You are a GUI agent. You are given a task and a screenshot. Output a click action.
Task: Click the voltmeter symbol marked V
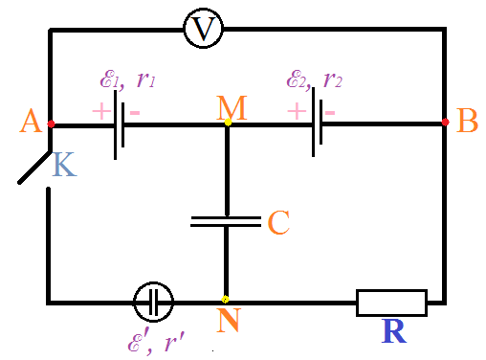203,29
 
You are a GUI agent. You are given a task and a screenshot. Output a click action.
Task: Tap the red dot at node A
51,124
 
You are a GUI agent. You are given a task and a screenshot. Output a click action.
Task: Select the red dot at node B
446,122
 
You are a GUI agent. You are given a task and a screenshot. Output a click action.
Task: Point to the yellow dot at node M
228,122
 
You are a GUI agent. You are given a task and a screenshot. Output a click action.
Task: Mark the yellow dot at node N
225,300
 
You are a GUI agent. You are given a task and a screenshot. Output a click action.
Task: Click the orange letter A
31,121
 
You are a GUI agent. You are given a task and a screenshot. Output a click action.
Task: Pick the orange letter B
467,121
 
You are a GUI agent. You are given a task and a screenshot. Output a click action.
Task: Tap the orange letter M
232,107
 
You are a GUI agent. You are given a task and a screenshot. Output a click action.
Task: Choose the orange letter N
229,320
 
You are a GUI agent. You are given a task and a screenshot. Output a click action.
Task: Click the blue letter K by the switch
64,164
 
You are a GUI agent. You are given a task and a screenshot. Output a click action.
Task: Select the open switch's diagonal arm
33,168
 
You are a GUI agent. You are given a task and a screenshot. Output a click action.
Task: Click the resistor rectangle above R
391,303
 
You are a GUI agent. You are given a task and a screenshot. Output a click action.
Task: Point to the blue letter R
394,331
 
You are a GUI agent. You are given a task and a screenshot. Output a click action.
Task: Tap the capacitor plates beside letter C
226,221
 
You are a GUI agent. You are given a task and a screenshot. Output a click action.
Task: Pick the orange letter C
278,222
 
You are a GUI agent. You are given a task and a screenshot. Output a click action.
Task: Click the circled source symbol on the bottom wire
153,302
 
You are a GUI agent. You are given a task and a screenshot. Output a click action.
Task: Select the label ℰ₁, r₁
128,79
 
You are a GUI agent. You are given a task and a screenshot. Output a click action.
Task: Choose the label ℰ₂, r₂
315,79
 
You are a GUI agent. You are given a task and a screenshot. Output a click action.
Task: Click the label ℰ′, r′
156,343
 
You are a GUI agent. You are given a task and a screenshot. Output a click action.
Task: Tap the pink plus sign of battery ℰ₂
297,111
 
